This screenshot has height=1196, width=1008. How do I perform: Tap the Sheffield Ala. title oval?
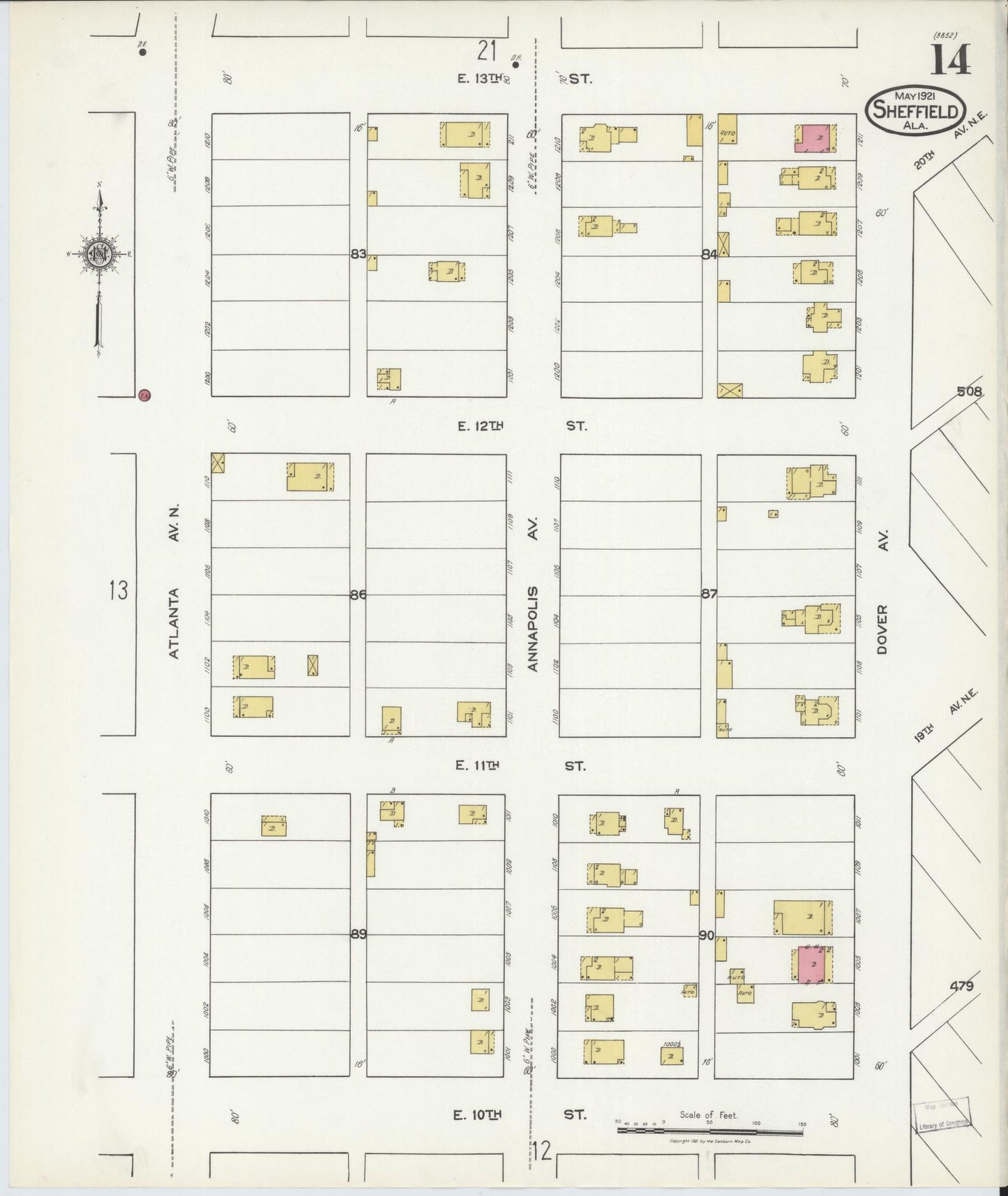pyautogui.click(x=915, y=110)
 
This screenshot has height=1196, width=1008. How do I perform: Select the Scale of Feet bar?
pyautogui.click(x=709, y=1128)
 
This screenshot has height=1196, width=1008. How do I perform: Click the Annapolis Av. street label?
pyautogui.click(x=533, y=593)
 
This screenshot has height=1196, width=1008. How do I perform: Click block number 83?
pyautogui.click(x=358, y=255)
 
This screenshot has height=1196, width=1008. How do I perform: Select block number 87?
pyautogui.click(x=709, y=595)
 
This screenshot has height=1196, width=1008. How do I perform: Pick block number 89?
pyautogui.click(x=358, y=934)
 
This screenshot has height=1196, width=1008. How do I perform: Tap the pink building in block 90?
pyautogui.click(x=811, y=964)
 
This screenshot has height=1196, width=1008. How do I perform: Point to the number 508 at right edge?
pyautogui.click(x=969, y=392)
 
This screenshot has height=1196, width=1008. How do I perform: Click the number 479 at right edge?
pyautogui.click(x=961, y=986)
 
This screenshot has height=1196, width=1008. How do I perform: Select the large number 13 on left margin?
pyautogui.click(x=119, y=591)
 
